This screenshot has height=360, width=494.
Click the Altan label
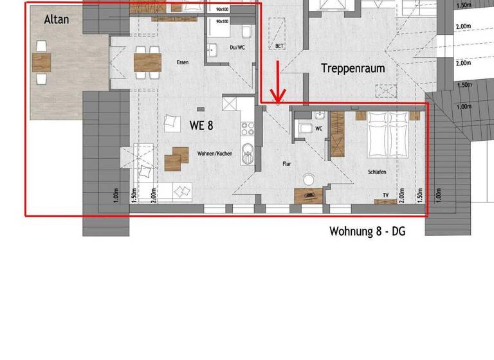[57, 19]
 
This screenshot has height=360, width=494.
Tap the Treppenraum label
[353, 68]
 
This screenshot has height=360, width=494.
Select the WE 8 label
[201, 125]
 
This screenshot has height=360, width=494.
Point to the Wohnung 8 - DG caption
[367, 231]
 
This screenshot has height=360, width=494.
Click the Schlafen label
[377, 172]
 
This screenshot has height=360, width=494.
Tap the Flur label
[287, 164]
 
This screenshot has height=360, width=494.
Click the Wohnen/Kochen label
[215, 154]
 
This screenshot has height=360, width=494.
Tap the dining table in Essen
[147, 62]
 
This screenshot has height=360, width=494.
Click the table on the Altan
[41, 62]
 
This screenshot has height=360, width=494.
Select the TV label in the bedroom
[385, 194]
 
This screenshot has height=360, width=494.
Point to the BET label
[279, 46]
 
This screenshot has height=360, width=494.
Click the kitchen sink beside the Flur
[248, 155]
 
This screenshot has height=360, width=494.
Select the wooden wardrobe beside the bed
[338, 133]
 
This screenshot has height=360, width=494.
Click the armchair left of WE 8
[171, 122]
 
